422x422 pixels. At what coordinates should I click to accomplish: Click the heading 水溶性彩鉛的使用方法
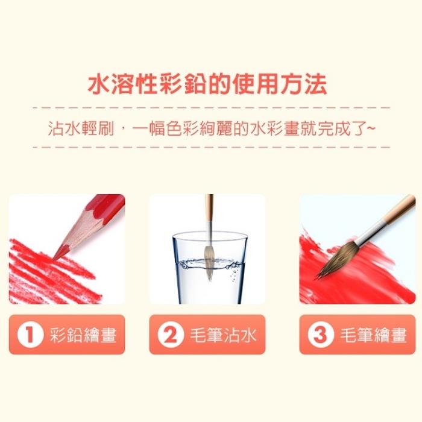[x=207, y=84]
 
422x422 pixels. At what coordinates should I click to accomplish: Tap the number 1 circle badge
[x=30, y=335]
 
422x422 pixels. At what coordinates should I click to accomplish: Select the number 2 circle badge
[x=171, y=335]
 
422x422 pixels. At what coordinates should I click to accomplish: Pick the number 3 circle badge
[x=320, y=335]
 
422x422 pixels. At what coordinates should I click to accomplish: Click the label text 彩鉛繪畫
[x=83, y=335]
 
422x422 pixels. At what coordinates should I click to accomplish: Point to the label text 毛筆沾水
[x=223, y=335]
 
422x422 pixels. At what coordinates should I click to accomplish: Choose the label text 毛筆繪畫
[x=373, y=335]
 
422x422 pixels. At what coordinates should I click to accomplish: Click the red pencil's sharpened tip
[x=54, y=259]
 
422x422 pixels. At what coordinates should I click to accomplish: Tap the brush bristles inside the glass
[x=209, y=262]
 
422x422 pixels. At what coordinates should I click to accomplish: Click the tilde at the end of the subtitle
[x=370, y=128]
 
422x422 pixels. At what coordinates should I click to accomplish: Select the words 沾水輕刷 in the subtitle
[x=81, y=128]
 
